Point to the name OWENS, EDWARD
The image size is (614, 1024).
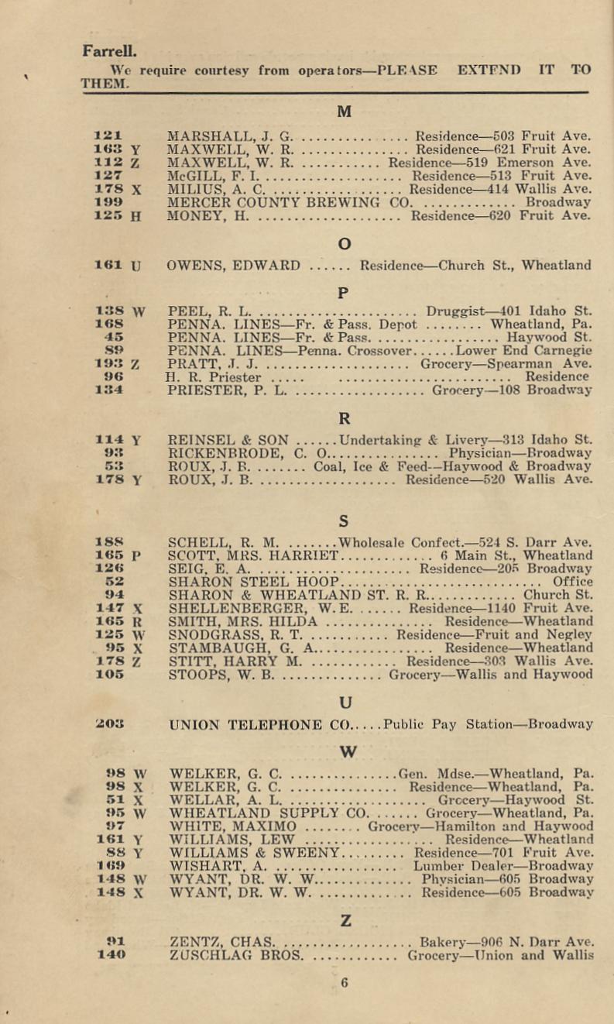[x=234, y=266]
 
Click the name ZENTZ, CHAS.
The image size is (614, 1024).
[x=222, y=942]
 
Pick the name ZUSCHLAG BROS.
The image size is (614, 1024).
[x=235, y=955]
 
